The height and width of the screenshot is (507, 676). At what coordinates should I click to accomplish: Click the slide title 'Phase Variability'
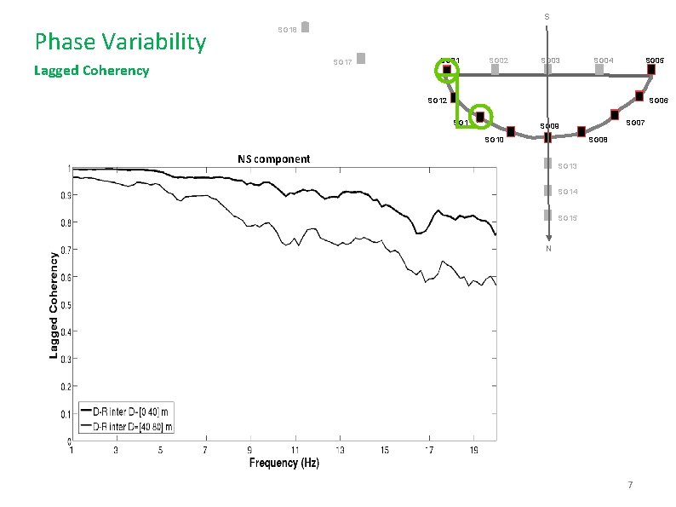pos(119,41)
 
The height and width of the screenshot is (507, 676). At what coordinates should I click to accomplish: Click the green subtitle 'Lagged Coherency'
pos(91,71)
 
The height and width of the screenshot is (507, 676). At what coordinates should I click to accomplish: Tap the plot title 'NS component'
pos(273,158)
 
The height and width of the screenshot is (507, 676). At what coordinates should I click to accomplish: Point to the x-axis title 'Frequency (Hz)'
pos(284,463)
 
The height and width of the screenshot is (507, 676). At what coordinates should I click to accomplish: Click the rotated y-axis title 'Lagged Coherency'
pos(54,304)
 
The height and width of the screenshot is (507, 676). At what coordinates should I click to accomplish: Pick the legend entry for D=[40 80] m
pos(127,426)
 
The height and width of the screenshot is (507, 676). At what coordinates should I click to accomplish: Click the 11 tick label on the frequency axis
pos(295,450)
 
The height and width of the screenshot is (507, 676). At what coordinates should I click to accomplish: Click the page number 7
pos(630,486)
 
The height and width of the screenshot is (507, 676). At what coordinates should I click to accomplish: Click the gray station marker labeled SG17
pos(361,59)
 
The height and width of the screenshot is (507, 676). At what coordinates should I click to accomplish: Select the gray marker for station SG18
pos(306,26)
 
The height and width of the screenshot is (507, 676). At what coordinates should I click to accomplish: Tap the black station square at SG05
pos(651,69)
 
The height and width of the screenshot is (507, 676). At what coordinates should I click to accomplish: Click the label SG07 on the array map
pos(635,124)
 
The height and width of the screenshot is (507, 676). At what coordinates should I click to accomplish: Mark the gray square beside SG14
pos(547,191)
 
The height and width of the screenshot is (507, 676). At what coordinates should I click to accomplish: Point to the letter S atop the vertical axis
pos(547,17)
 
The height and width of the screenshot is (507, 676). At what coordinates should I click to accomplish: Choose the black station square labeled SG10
pos(511,131)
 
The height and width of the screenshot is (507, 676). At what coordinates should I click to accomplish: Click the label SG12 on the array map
pos(437,101)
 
